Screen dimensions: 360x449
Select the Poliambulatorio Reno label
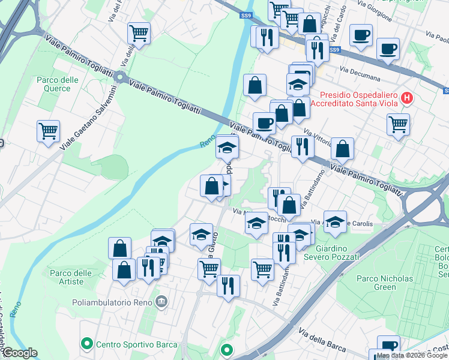[112, 301]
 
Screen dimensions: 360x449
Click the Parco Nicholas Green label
[385, 283]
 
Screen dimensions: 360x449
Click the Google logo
[20, 353]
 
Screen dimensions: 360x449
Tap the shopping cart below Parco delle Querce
[48, 131]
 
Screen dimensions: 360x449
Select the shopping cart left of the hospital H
[398, 125]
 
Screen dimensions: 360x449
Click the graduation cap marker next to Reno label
[228, 146]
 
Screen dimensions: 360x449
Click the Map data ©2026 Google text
[412, 355]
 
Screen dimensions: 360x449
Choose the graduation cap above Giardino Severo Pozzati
[335, 220]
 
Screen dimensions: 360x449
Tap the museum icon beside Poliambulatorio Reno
[160, 301]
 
